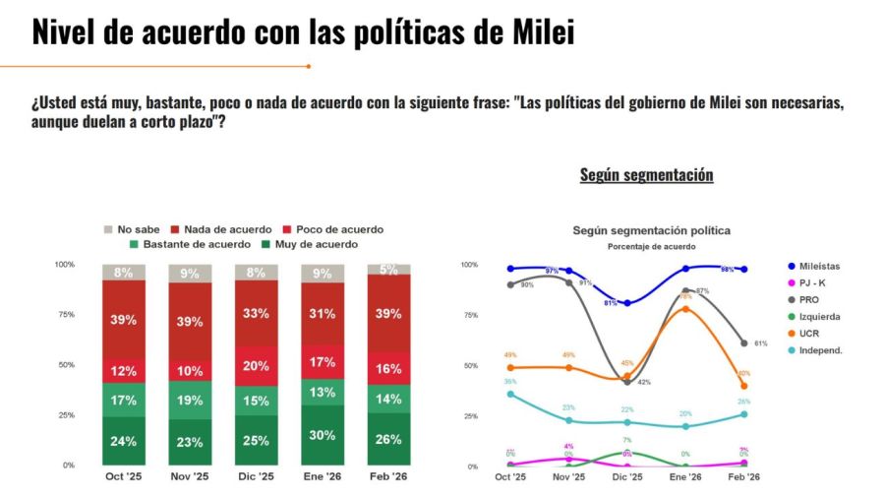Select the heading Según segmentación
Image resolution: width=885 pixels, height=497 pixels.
click(646, 175)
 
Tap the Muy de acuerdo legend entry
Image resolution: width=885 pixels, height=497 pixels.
click(310, 244)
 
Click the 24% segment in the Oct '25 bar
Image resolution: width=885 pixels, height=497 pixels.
click(123, 441)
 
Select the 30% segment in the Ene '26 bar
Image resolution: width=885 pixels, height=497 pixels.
click(323, 435)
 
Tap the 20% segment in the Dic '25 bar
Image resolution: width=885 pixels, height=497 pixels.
click(256, 365)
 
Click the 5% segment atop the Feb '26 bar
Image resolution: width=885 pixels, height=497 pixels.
click(388, 269)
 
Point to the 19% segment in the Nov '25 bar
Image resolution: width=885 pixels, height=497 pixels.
click(190, 401)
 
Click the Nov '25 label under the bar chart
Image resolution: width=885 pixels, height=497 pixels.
click(190, 477)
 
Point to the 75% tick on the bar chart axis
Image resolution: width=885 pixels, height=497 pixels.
click(64, 315)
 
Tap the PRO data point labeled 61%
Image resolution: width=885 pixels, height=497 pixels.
click(743, 343)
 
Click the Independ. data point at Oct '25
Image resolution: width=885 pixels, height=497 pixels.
click(510, 394)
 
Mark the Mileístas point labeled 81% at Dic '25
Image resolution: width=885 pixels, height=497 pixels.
click(627, 303)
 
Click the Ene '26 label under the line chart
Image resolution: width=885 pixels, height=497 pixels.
click(685, 477)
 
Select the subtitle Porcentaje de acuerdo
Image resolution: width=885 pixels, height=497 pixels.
click(651, 246)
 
